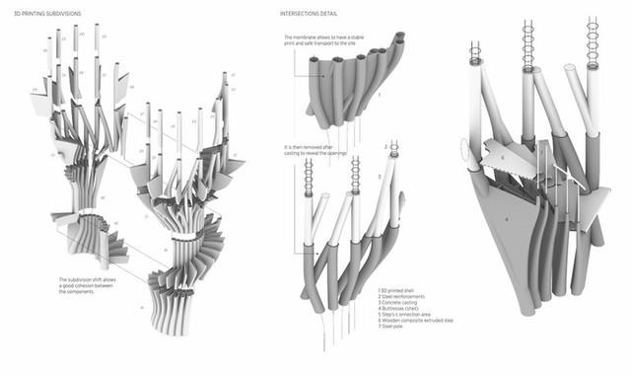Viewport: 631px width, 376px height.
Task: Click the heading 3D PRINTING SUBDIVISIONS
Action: (48, 15)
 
